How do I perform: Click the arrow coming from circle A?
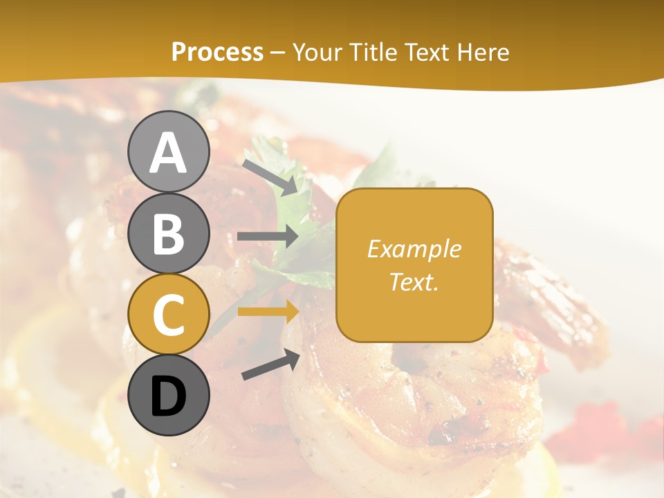click(x=270, y=176)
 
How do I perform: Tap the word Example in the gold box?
click(x=414, y=249)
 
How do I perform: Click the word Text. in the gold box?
click(x=414, y=282)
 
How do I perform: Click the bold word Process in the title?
click(x=217, y=52)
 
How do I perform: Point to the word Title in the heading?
click(x=375, y=52)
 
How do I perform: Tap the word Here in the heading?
click(x=484, y=52)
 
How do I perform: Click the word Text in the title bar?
click(x=429, y=52)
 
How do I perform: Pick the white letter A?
click(x=169, y=153)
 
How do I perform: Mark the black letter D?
click(x=169, y=397)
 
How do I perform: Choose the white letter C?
click(x=169, y=315)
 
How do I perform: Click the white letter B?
click(x=169, y=234)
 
